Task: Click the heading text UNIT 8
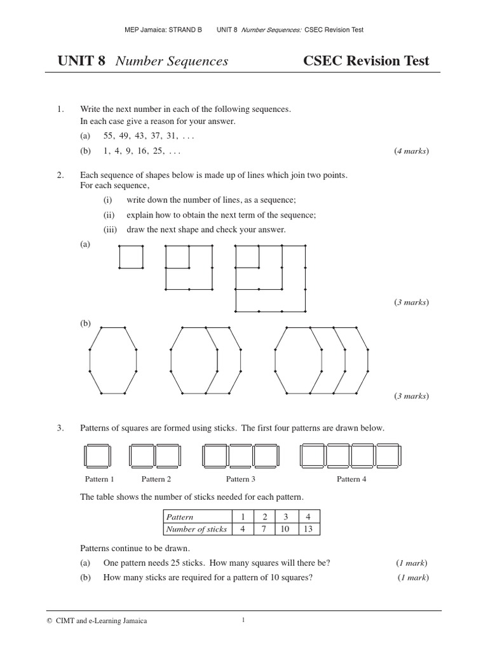coord(81,62)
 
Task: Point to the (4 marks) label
coord(411,151)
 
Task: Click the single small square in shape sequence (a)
coord(131,257)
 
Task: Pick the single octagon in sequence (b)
coord(113,360)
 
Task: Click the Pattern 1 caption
coord(100,479)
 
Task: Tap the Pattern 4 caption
coord(351,479)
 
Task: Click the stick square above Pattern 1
coord(97,456)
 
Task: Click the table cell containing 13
coord(308,529)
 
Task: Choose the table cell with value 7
coord(264,529)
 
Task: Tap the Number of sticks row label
coord(196,529)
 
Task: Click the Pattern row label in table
coord(180,517)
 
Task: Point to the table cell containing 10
coord(286,529)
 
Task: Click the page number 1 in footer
coord(243,620)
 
